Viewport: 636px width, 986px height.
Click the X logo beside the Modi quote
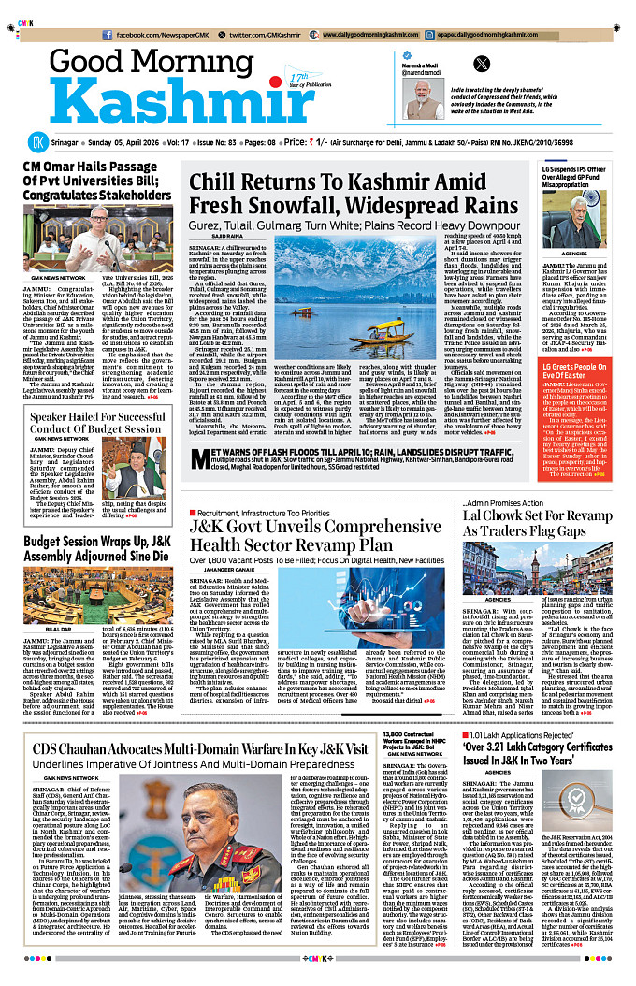point(483,64)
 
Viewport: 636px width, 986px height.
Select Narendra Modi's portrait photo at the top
point(425,99)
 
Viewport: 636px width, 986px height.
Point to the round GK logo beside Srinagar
point(36,142)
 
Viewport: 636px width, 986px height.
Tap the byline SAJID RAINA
point(214,238)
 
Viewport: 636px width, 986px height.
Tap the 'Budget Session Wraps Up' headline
point(98,548)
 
